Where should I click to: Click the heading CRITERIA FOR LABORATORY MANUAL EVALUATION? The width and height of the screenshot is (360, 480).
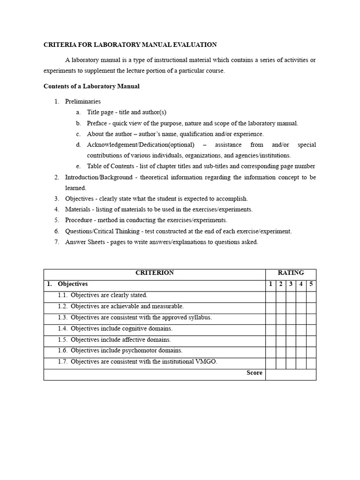click(x=130, y=45)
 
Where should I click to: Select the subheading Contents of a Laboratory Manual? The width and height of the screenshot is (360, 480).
click(x=91, y=86)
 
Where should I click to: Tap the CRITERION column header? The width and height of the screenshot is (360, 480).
click(x=154, y=273)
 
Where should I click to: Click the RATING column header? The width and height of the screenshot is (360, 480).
click(x=291, y=273)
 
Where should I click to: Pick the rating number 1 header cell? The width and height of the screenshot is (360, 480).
click(x=270, y=284)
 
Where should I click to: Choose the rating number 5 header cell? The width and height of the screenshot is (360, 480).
click(x=311, y=284)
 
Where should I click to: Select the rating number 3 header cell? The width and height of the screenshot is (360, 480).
click(x=291, y=284)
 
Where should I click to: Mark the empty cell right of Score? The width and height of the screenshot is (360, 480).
click(x=291, y=375)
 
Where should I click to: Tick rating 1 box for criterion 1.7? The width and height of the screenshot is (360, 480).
click(x=270, y=363)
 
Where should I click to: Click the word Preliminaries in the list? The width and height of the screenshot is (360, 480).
click(x=82, y=101)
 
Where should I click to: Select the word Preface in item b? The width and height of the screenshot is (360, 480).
click(x=97, y=123)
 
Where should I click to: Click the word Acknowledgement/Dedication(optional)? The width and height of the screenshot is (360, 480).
click(x=140, y=145)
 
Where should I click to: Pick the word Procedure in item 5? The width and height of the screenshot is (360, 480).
click(x=78, y=220)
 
